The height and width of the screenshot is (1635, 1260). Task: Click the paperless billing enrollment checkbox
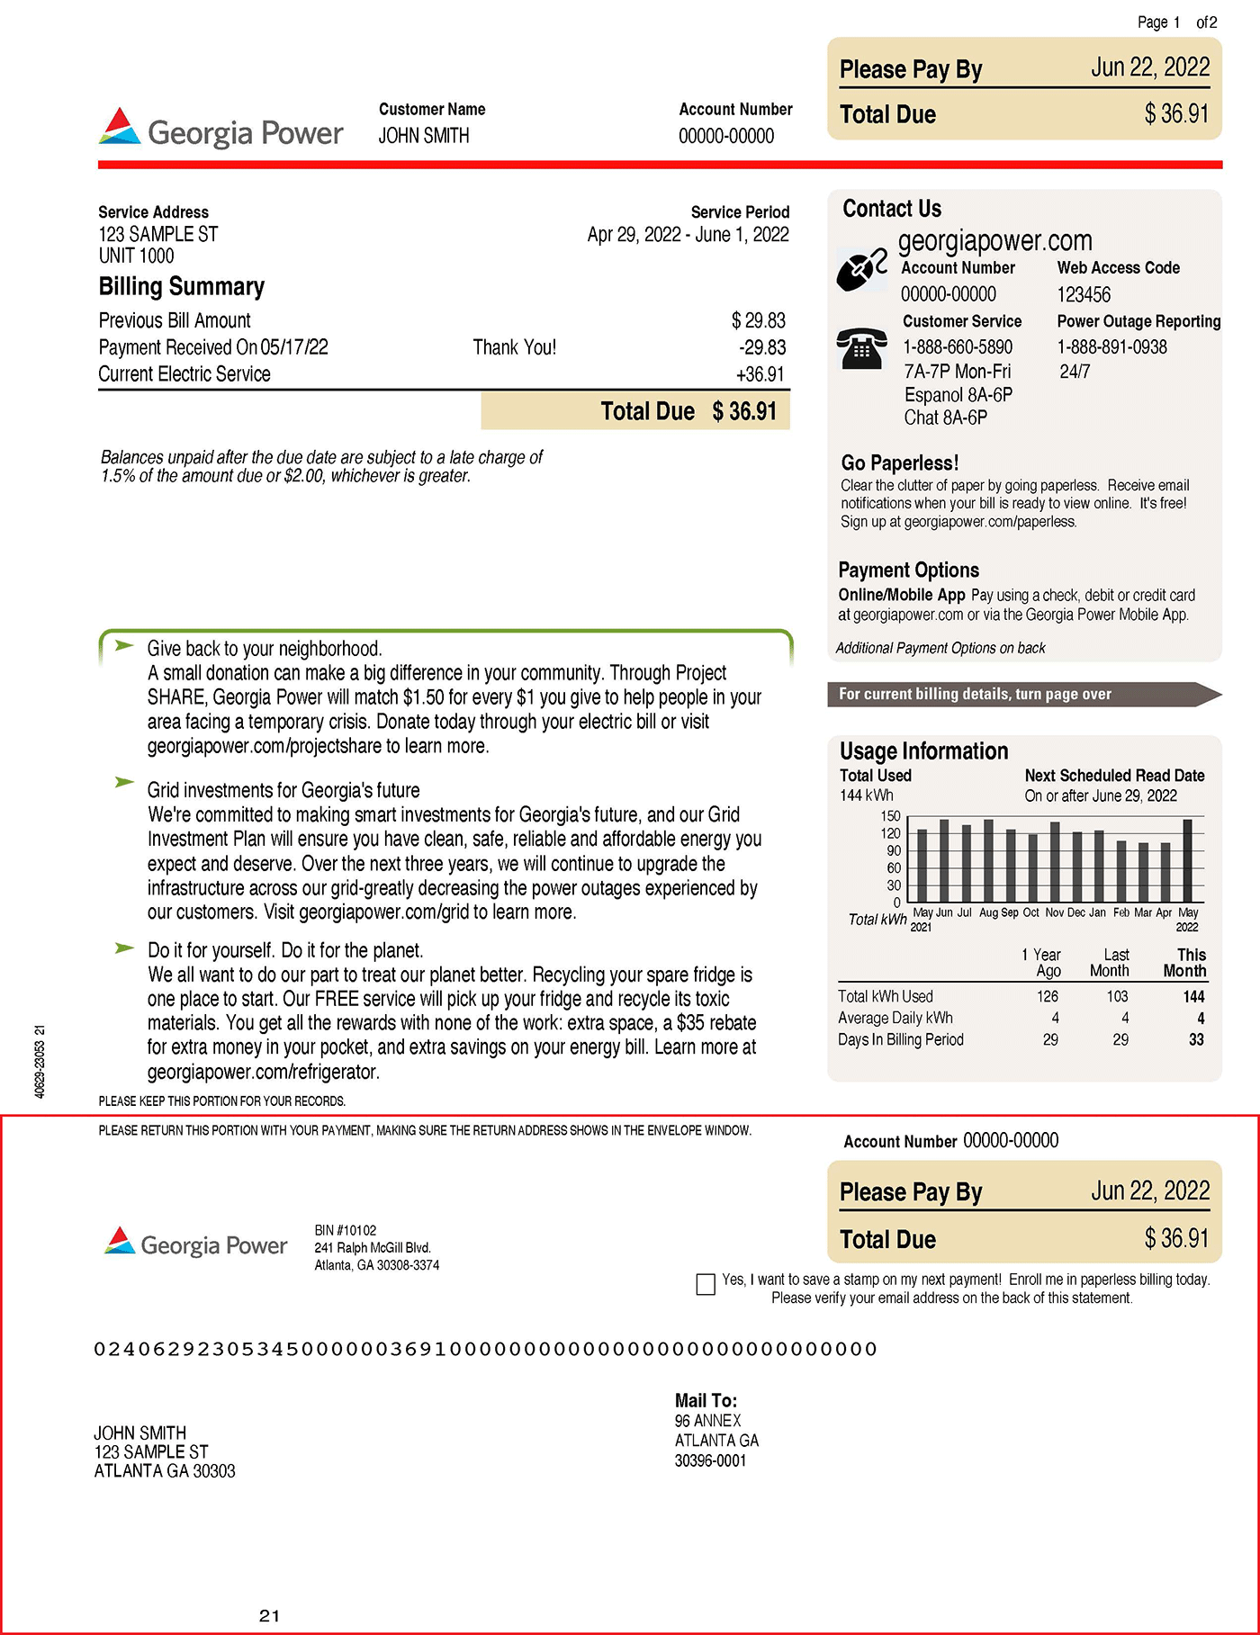coord(706,1284)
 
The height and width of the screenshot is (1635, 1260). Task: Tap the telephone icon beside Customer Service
coord(861,348)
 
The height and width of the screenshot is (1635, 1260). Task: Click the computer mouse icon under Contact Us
coord(860,270)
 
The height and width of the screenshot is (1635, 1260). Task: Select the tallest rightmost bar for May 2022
coord(1187,860)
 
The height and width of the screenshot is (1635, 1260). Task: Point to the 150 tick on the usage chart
coord(890,816)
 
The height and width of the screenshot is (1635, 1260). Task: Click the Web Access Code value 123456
coord(1084,295)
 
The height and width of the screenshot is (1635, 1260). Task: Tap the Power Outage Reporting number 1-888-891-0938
coord(1111,347)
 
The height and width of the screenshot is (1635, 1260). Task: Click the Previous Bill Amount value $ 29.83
coord(758,321)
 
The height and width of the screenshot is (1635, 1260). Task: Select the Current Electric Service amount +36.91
coord(760,374)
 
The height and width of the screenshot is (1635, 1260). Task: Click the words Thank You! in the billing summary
coord(514,347)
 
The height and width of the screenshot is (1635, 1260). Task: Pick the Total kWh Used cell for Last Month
coord(1117,996)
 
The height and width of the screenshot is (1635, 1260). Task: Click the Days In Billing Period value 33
coord(1195,1039)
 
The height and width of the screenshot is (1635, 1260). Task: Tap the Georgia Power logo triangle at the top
coord(120,128)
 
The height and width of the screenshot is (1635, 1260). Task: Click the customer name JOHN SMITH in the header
coord(423,136)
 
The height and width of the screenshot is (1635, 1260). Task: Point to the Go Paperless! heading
coord(899,463)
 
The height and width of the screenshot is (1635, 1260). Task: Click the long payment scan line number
coord(485,1349)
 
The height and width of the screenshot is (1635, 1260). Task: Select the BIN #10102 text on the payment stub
coord(346,1230)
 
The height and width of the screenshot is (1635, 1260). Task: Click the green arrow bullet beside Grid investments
coord(124,782)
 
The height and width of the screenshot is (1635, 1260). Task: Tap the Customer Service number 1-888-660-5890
coord(958,347)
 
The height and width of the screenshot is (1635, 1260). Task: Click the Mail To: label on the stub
coord(706,1400)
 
